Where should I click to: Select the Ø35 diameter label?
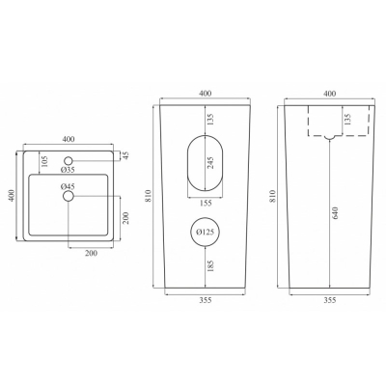tap(68, 170)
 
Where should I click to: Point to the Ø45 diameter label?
tap(68, 186)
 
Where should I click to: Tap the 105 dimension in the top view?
tap(44, 162)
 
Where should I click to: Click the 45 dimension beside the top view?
tap(125, 155)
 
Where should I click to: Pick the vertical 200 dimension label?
tap(125, 218)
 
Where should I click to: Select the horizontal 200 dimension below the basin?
tap(92, 253)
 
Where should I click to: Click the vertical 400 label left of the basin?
tap(12, 195)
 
